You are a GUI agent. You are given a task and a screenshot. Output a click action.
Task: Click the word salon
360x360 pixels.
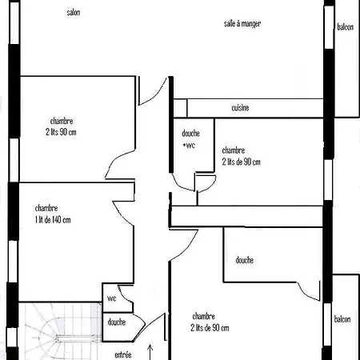(74, 12)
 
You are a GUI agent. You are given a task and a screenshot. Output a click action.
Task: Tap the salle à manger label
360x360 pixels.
(242, 24)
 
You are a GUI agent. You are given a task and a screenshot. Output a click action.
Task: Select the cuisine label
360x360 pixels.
(240, 107)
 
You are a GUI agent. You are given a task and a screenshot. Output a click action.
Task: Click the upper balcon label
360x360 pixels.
(346, 27)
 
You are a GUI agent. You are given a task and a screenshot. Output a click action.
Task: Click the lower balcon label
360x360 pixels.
(342, 319)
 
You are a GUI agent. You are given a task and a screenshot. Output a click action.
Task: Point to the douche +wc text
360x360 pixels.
(190, 139)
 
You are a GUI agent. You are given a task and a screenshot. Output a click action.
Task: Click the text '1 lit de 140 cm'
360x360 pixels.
(53, 220)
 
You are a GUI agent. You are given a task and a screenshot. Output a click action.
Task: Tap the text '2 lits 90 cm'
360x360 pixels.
(61, 132)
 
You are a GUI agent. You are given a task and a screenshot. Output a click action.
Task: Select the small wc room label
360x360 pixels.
(112, 298)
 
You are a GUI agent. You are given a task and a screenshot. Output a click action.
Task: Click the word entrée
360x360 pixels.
(123, 355)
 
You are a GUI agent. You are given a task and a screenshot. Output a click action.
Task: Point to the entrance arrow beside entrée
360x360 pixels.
(150, 352)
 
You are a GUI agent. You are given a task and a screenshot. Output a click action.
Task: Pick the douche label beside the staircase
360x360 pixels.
(117, 322)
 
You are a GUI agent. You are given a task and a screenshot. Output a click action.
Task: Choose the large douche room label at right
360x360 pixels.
(245, 260)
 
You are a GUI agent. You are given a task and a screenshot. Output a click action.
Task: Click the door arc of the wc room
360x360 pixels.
(123, 294)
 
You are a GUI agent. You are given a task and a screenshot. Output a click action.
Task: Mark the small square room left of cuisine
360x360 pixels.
(180, 108)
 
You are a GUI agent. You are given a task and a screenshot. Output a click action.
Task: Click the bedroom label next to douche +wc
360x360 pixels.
(242, 156)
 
